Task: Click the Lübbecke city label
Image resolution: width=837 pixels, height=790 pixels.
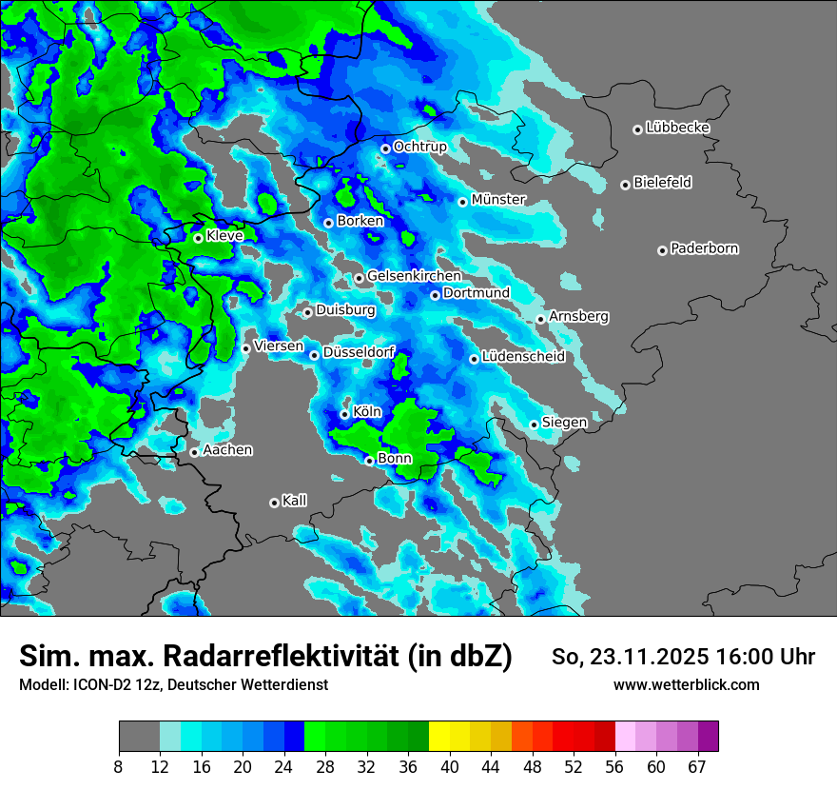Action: coord(677,128)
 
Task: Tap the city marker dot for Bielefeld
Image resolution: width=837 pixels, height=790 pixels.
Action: coord(625,185)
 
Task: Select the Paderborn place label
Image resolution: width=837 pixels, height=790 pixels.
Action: coord(704,248)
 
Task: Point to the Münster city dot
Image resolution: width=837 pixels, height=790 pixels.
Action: coord(462,202)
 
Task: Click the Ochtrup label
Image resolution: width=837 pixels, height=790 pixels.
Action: coord(419,147)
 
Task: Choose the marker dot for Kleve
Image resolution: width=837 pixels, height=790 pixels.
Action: coord(198,238)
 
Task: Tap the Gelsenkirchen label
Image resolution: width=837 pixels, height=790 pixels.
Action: coord(414,276)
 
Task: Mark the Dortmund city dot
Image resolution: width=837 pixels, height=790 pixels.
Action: coord(435,295)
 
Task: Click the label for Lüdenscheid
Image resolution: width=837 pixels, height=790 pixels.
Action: coord(523,357)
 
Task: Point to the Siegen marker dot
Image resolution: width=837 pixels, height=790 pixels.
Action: coord(534,425)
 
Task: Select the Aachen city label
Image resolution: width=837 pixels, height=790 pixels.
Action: coord(227,450)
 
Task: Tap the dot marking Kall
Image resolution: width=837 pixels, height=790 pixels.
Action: coord(274,503)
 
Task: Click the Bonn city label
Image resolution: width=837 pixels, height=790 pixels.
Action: coord(395,459)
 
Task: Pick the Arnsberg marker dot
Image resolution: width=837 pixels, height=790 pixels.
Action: coord(540,319)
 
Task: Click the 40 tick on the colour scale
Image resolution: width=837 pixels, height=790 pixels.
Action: coord(449,767)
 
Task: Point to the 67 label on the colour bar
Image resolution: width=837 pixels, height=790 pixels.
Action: coord(697,767)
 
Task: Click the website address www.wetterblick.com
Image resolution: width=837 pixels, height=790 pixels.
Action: coord(686,685)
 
